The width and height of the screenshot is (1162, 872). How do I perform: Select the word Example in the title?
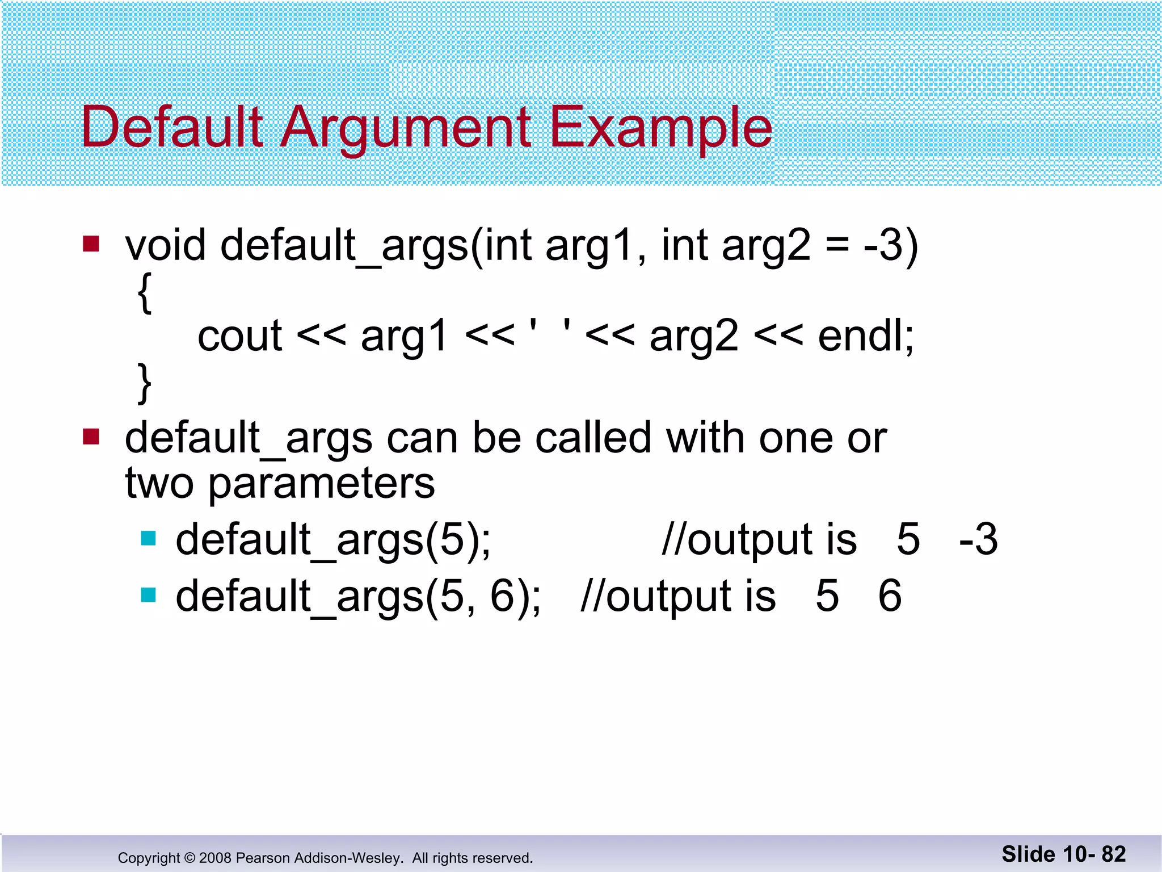[x=661, y=128]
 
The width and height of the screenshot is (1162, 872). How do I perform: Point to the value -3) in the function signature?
[x=890, y=246]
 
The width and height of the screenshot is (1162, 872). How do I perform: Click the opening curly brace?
[x=145, y=293]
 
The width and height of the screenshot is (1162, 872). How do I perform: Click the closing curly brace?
[x=145, y=384]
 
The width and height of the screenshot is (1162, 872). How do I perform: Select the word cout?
[x=239, y=336]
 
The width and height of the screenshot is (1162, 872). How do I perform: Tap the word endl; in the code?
[x=866, y=336]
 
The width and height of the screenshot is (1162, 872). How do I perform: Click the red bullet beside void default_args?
[x=91, y=244]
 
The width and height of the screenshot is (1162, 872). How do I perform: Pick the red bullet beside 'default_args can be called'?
[x=91, y=437]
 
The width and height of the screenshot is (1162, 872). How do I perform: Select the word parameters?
[x=322, y=484]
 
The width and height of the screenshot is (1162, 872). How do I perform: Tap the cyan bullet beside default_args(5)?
[x=148, y=538]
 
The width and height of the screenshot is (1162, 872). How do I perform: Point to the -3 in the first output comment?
[x=978, y=539]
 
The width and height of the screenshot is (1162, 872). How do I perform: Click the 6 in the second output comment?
[x=890, y=596]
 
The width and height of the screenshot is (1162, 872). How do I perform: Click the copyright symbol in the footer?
[x=190, y=858]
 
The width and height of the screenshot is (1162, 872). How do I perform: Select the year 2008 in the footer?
[x=215, y=858]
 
